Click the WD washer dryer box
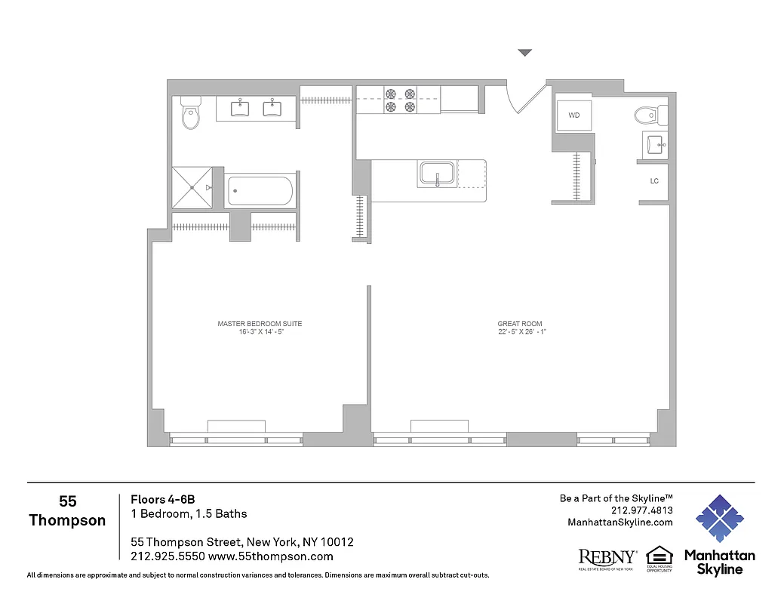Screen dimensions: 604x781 click(x=574, y=116)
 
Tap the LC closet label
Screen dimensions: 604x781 click(x=654, y=181)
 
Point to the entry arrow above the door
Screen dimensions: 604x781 click(x=525, y=53)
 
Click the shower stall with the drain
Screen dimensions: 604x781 click(x=192, y=186)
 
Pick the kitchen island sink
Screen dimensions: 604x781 click(x=437, y=174)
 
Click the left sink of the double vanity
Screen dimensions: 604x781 click(x=240, y=108)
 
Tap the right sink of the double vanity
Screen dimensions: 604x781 click(x=272, y=108)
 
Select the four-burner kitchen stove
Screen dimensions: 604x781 click(x=401, y=100)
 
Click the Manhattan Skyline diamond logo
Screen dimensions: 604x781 click(x=719, y=519)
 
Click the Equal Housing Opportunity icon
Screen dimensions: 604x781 click(x=659, y=558)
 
